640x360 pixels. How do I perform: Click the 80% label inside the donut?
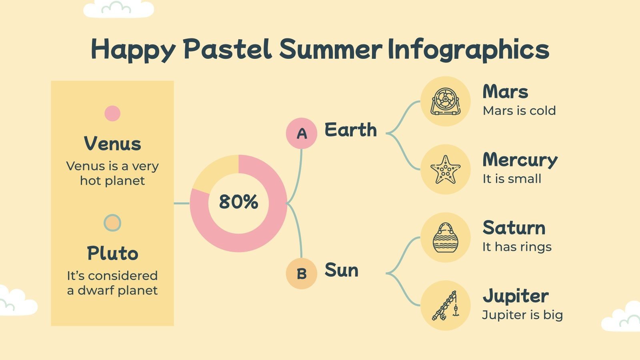pyautogui.click(x=238, y=202)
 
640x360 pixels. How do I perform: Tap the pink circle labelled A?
pyautogui.click(x=302, y=133)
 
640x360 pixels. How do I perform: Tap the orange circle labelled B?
pyautogui.click(x=302, y=274)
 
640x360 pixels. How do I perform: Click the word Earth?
pyautogui.click(x=350, y=130)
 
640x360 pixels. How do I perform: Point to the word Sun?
pyautogui.click(x=341, y=270)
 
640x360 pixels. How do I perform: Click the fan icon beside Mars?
pyautogui.click(x=445, y=101)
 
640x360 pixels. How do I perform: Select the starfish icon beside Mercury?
pyautogui.click(x=445, y=170)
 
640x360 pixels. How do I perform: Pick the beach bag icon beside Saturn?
pyautogui.click(x=445, y=238)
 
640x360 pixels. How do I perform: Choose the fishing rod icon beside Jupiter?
pyautogui.click(x=445, y=306)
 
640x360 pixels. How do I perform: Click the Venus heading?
pyautogui.click(x=112, y=144)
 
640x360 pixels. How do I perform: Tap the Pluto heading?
pyautogui.click(x=112, y=253)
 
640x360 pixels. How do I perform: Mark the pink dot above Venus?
pyautogui.click(x=112, y=113)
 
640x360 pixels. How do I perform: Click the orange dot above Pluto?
pyautogui.click(x=112, y=223)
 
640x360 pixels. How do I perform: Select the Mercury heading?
pyautogui.click(x=520, y=160)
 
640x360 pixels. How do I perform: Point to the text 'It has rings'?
pyautogui.click(x=517, y=247)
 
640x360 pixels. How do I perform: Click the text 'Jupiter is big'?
pyautogui.click(x=522, y=315)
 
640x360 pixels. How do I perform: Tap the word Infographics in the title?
pyautogui.click(x=469, y=49)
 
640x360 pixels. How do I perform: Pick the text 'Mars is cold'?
pyautogui.click(x=519, y=110)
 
